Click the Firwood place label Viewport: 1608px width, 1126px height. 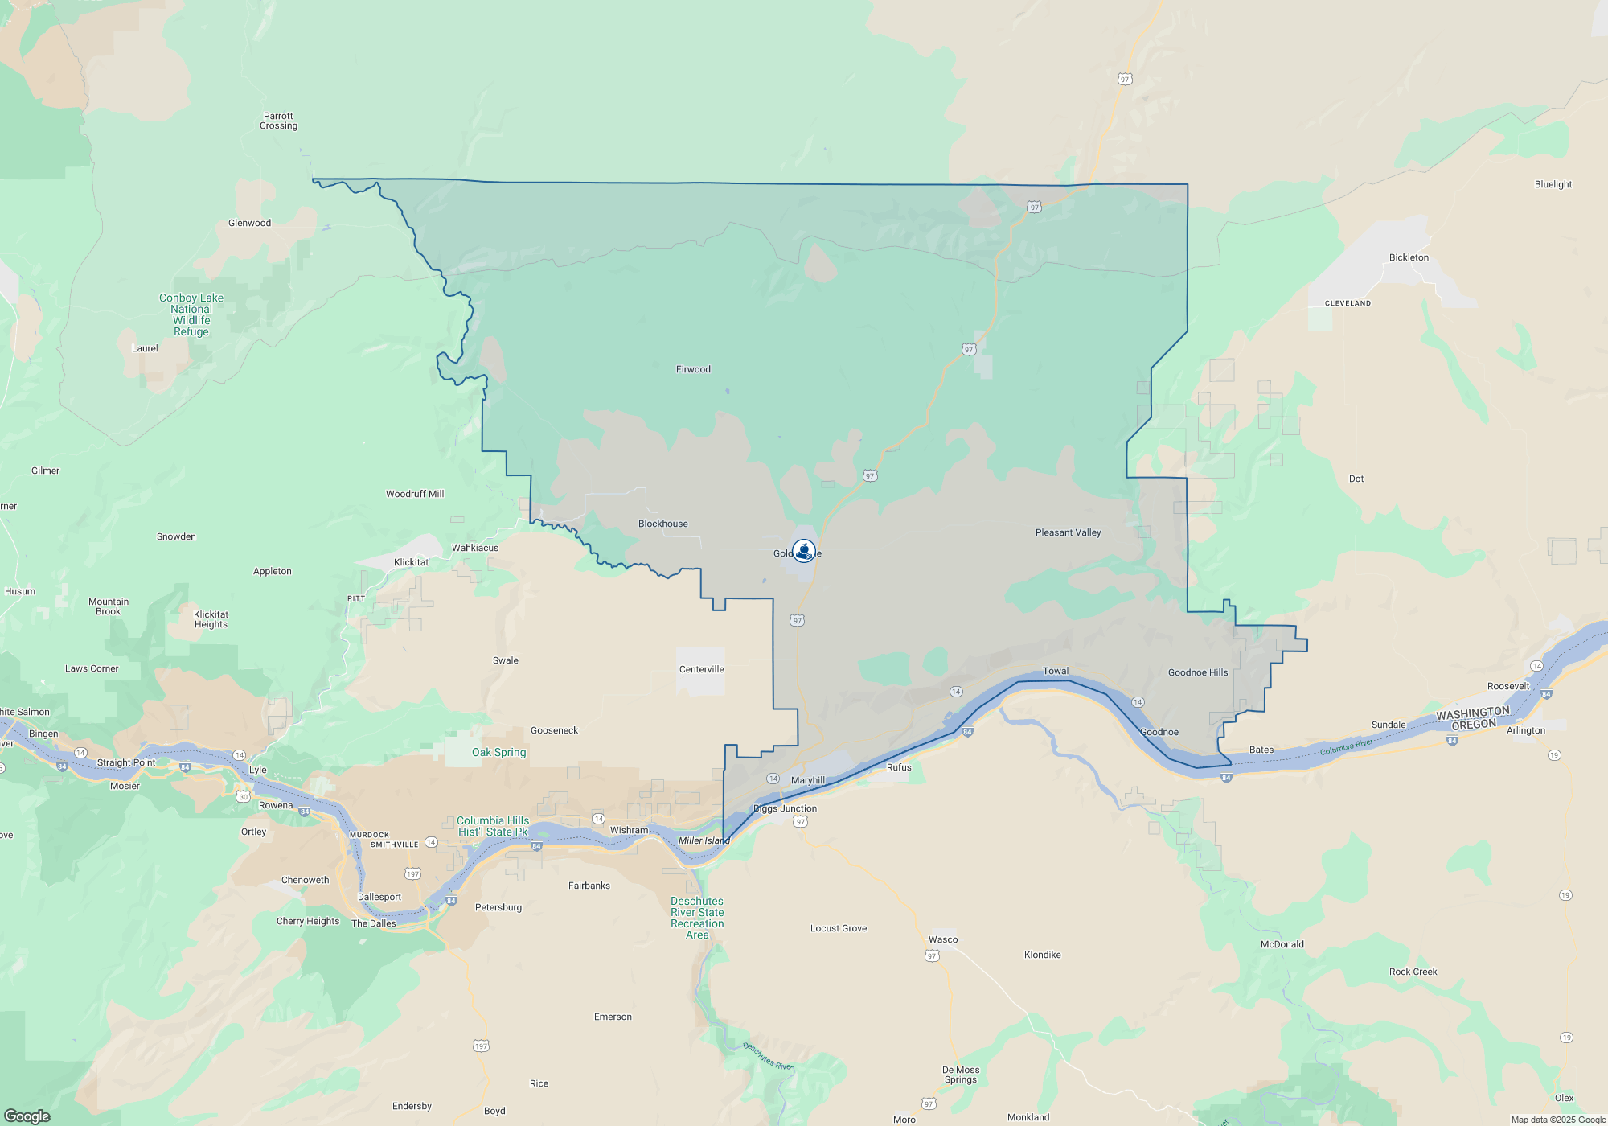[x=693, y=369]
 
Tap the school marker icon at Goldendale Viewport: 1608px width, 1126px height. [x=803, y=551]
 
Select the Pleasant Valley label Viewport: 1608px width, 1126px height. [x=1068, y=532]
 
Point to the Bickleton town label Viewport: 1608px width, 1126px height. [x=1409, y=257]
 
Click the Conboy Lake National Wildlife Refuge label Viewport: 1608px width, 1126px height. [x=191, y=314]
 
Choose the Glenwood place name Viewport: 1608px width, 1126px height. [x=249, y=223]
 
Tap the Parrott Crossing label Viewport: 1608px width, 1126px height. [x=278, y=121]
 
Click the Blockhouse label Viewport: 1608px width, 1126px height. [x=662, y=524]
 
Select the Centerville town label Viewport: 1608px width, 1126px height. [x=701, y=669]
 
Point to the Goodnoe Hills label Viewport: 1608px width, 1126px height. [x=1197, y=672]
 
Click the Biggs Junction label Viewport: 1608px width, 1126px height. [x=785, y=808]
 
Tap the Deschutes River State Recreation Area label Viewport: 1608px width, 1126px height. [x=697, y=918]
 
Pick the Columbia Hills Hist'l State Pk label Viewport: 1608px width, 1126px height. [x=493, y=826]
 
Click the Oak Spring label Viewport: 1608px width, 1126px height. [x=498, y=752]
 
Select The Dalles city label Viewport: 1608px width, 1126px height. [x=373, y=923]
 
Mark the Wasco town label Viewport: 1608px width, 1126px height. [x=943, y=939]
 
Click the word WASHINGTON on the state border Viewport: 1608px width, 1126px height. [x=1473, y=713]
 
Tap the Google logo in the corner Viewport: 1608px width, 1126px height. [x=27, y=1116]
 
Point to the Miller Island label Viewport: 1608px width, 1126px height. [x=703, y=840]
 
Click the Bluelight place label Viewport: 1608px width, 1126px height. [x=1553, y=184]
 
